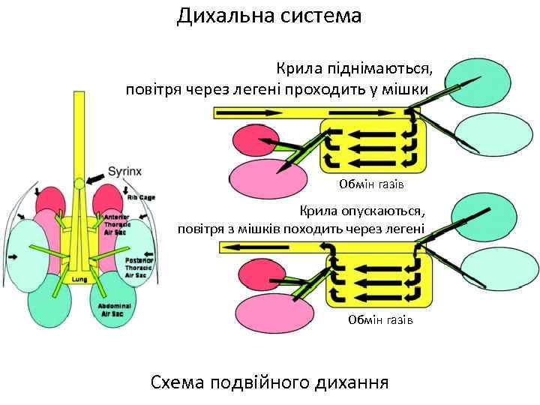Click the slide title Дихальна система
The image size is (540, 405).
(269, 16)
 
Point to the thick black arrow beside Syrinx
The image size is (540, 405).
(95, 178)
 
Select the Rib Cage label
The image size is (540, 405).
(141, 197)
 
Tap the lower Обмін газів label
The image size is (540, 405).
(380, 320)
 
